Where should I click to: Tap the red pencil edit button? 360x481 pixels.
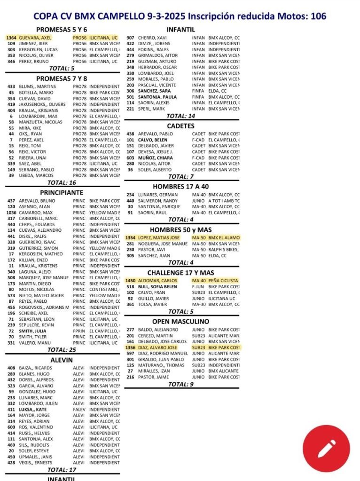[326, 449]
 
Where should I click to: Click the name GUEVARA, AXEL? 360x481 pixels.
[35, 37]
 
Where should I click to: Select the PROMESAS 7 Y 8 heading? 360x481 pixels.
[62, 79]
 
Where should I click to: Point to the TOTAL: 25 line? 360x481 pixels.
[62, 350]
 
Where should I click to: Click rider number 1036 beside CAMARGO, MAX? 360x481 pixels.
[11, 213]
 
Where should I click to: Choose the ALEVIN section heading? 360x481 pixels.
[62, 360]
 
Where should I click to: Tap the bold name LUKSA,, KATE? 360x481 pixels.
[32, 410]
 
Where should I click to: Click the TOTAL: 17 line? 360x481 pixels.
[62, 470]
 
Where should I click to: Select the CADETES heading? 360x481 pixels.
[181, 126]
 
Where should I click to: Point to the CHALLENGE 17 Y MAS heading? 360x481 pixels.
[181, 273]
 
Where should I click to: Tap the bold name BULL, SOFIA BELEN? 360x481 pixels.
[157, 287]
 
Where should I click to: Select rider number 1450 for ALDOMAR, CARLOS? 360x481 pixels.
[130, 281]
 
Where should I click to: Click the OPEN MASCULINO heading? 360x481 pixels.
[181, 322]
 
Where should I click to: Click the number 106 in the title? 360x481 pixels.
[318, 16]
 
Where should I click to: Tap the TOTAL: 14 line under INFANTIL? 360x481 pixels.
[181, 116]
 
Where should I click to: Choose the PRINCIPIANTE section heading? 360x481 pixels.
[62, 192]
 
